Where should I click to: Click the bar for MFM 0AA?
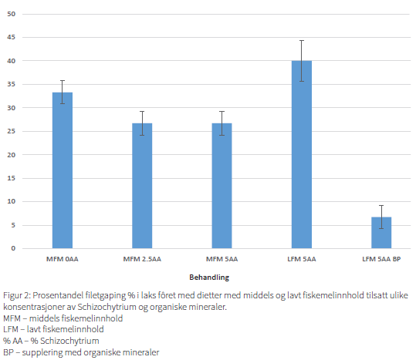click(x=63, y=170)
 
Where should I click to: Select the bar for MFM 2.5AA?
click(x=142, y=186)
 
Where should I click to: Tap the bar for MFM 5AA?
click(x=222, y=186)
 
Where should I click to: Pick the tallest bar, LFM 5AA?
click(x=302, y=154)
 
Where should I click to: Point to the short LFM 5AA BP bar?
click(x=381, y=233)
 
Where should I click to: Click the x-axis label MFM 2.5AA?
click(x=142, y=259)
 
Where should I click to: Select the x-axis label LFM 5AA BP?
click(x=381, y=259)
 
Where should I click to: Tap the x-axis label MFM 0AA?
click(x=63, y=259)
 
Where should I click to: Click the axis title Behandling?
click(x=209, y=278)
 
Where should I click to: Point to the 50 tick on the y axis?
click(x=11, y=14)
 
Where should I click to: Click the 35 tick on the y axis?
click(x=11, y=84)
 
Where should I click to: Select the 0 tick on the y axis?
click(x=13, y=248)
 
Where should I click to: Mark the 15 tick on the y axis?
click(x=11, y=178)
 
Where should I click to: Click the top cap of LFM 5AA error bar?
click(x=302, y=41)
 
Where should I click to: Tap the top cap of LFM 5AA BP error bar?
click(x=381, y=205)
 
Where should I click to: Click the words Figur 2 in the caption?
click(x=17, y=295)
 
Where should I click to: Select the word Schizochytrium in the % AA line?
click(x=69, y=341)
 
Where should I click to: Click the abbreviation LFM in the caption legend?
click(x=11, y=329)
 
